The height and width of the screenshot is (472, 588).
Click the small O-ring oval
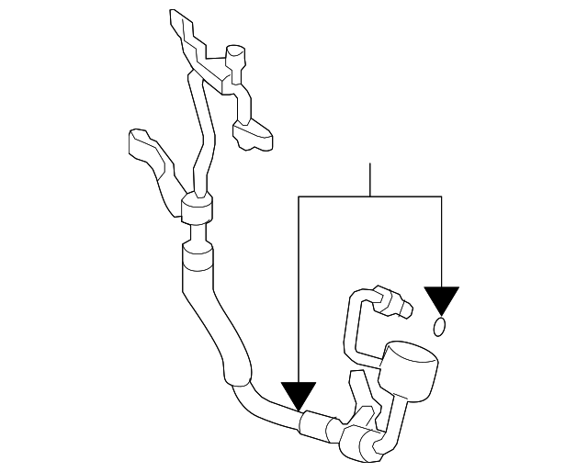tap(440, 327)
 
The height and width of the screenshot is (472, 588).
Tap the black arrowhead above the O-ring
tap(441, 299)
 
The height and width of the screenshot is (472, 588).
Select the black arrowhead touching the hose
tap(299, 396)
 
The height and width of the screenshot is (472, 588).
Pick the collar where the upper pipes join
tap(197, 209)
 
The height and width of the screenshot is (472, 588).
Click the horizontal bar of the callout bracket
tap(370, 197)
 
